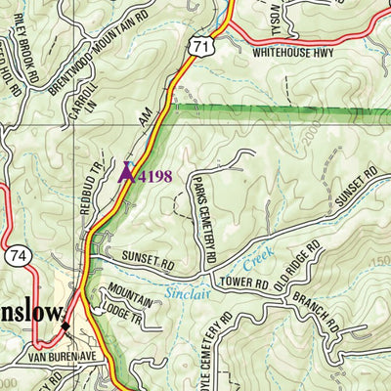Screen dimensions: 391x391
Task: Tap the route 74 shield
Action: point(20,254)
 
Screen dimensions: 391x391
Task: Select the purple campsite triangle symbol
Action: point(126,174)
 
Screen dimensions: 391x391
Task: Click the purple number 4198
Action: point(155,176)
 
